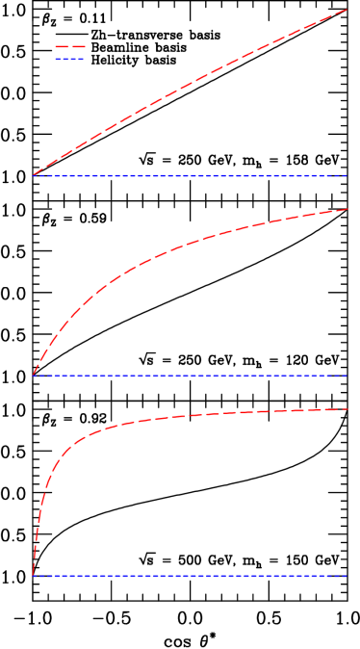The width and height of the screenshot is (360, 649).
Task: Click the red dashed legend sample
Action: tap(70, 46)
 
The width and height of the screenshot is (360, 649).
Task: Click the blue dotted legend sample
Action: tap(70, 60)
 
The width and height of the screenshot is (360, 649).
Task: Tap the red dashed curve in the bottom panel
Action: tap(193, 416)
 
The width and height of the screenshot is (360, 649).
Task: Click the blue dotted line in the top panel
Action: tap(193, 176)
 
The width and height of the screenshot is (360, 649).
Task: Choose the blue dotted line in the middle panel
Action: tap(193, 376)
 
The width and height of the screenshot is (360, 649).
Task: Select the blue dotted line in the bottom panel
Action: tap(193, 577)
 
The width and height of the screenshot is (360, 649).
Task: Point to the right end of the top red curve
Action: tap(347, 10)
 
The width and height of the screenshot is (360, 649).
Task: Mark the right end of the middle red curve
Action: tap(347, 209)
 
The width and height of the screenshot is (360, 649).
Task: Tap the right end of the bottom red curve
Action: tap(347, 409)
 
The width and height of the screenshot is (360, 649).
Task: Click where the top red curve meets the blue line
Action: tap(34, 175)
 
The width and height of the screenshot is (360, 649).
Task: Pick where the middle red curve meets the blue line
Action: tap(34, 376)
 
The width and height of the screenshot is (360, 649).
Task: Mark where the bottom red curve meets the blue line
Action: tap(34, 576)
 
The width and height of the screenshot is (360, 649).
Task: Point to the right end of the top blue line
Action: tap(347, 176)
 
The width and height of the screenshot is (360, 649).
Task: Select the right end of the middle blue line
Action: tap(347, 376)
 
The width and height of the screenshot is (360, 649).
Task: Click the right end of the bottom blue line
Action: tap(347, 577)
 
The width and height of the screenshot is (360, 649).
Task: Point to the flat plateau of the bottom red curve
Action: tap(270, 412)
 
